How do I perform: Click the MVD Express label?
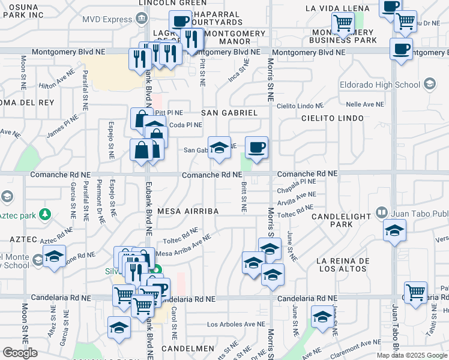pyautogui.click(x=107, y=19)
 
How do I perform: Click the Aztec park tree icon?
pyautogui.click(x=44, y=214)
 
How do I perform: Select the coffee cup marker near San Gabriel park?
pyautogui.click(x=256, y=148)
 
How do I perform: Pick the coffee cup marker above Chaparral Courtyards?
pyautogui.click(x=179, y=22)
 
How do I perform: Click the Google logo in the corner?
pyautogui.click(x=20, y=353)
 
